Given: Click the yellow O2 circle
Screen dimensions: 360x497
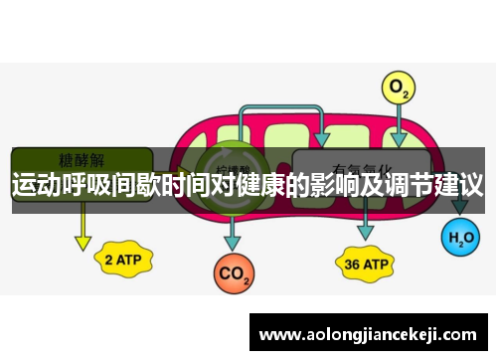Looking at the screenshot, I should pos(400,90).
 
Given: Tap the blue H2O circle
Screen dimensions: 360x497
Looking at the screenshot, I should pos(459,238).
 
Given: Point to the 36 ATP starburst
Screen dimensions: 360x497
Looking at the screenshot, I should pos(365,265).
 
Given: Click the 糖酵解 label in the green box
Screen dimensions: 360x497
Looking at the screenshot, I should pos(82,160).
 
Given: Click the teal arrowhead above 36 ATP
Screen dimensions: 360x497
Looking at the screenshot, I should pos(365,231).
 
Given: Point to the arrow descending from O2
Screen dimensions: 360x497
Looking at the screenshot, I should pos(400,124).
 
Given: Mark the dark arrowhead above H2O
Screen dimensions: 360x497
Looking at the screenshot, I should pos(459,207).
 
